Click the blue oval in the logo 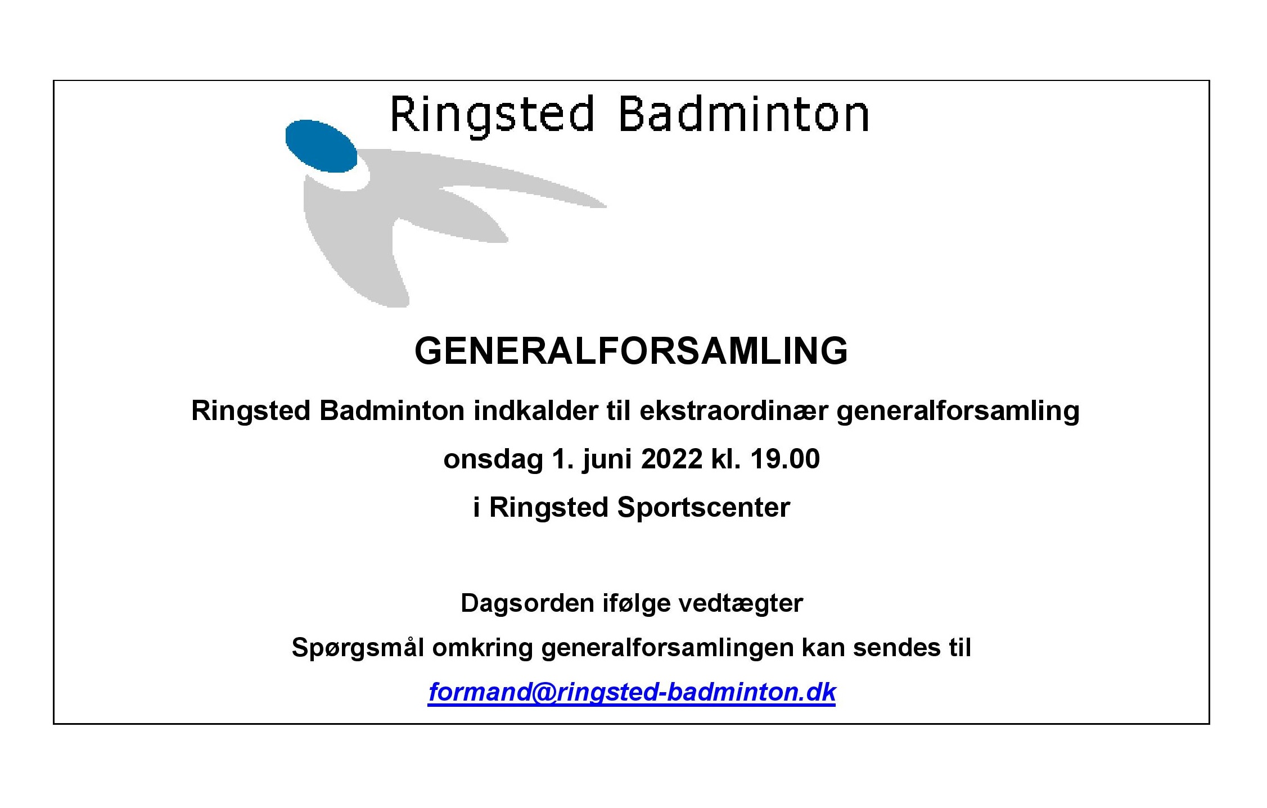pyautogui.click(x=321, y=146)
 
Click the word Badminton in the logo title pyautogui.click(x=743, y=115)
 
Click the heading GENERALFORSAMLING pyautogui.click(x=631, y=351)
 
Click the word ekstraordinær pyautogui.click(x=733, y=410)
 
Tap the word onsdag pyautogui.click(x=493, y=459)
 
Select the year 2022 pyautogui.click(x=671, y=459)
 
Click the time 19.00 pyautogui.click(x=785, y=459)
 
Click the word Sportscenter pyautogui.click(x=704, y=508)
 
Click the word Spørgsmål pyautogui.click(x=358, y=648)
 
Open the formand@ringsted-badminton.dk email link pyautogui.click(x=632, y=692)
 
